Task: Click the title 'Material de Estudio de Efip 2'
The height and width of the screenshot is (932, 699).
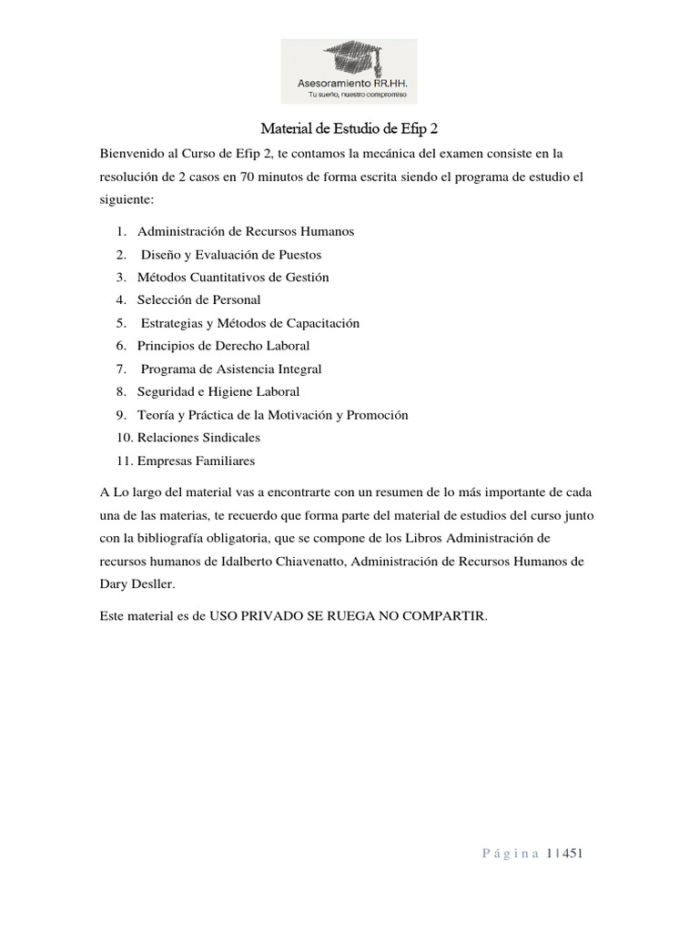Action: (349, 128)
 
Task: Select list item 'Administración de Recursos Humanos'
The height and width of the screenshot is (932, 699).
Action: (246, 231)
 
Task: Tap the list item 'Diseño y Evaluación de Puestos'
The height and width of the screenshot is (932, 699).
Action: (231, 255)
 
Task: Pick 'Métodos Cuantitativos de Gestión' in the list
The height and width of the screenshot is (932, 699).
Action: (233, 278)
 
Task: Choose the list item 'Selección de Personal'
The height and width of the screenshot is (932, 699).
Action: (198, 299)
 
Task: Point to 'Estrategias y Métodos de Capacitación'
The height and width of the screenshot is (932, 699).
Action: (250, 323)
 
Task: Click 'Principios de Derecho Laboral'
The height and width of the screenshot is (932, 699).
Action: (223, 346)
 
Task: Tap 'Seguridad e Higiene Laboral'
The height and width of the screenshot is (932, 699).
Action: (218, 391)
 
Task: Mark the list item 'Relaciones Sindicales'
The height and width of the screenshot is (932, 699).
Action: (198, 438)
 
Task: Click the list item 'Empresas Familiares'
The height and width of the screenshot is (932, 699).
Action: (196, 461)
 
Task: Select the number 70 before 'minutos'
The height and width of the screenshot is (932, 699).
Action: (248, 176)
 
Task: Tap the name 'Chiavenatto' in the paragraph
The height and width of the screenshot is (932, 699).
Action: (294, 562)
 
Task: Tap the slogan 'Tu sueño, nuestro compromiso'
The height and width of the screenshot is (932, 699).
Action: (358, 95)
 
